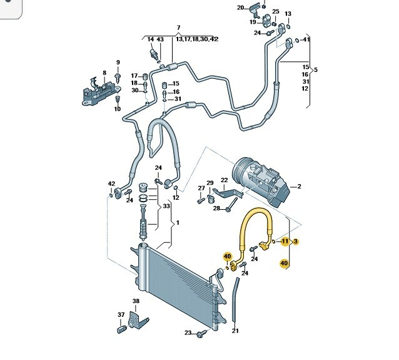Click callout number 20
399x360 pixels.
241,8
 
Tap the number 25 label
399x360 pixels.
275,12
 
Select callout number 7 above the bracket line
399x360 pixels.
178,28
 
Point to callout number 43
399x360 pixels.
160,40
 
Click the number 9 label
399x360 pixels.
118,62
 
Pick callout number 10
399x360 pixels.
118,109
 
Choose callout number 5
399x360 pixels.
316,69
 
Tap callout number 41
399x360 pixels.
306,40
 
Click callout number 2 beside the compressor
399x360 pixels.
299,187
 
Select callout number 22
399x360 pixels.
225,180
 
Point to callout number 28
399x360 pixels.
216,208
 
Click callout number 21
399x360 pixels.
235,331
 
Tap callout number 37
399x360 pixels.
121,315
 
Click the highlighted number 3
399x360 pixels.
296,241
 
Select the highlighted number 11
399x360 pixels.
285,241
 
